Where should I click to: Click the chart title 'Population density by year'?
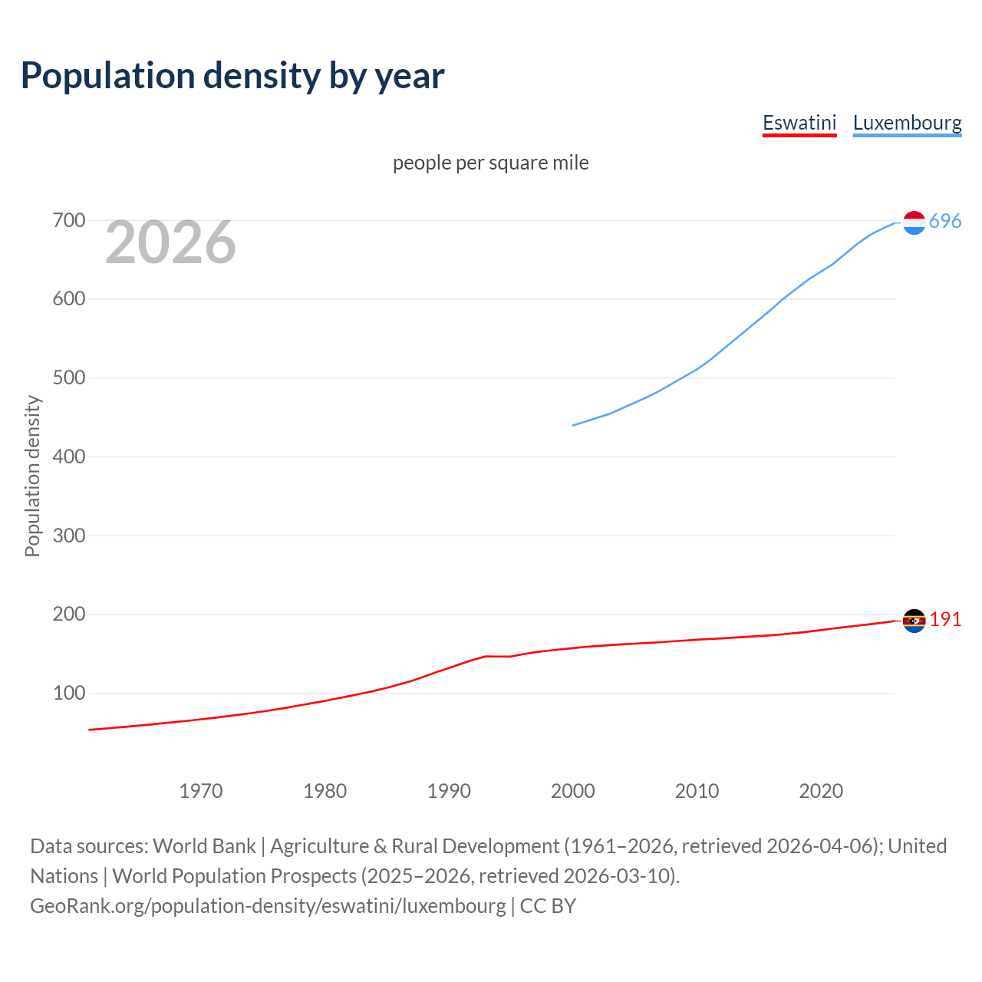click(x=232, y=75)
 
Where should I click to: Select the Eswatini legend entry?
click(x=799, y=123)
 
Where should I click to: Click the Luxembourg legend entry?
click(x=907, y=123)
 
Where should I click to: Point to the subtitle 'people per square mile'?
click(x=490, y=163)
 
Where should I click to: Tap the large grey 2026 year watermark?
click(x=170, y=242)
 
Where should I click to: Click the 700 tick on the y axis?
click(x=68, y=221)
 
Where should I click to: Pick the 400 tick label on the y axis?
click(x=68, y=457)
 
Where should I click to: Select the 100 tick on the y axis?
click(x=68, y=694)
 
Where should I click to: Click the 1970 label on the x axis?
click(x=201, y=791)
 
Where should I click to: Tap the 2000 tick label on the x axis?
click(x=573, y=791)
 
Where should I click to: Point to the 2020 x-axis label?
click(x=821, y=791)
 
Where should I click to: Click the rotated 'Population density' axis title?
click(x=32, y=476)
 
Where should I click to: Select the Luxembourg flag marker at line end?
click(x=914, y=222)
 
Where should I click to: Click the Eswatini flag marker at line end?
click(x=914, y=621)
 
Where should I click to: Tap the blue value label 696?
click(x=945, y=221)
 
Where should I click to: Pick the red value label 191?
click(x=945, y=619)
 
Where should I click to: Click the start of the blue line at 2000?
click(x=574, y=425)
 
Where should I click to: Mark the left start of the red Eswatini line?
click(x=90, y=730)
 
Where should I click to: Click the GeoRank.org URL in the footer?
click(x=268, y=906)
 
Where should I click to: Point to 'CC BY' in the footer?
click(x=548, y=906)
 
